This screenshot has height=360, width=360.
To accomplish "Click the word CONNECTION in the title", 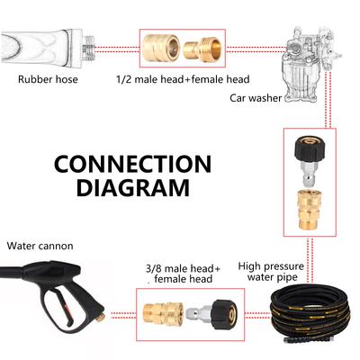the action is pyautogui.click(x=132, y=164).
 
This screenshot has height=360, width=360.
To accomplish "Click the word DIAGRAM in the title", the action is pyautogui.click(x=133, y=187).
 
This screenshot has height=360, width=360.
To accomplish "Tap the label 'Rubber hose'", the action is pyautogui.click(x=48, y=79).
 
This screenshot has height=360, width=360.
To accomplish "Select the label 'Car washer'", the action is pyautogui.click(x=256, y=98).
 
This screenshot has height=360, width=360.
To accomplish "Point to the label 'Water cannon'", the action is pyautogui.click(x=40, y=246).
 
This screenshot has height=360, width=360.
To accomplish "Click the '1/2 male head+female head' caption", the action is pyautogui.click(x=183, y=79).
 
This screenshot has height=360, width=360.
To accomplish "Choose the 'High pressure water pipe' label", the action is pyautogui.click(x=272, y=272).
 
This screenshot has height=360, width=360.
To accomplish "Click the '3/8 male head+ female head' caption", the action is pyautogui.click(x=183, y=274).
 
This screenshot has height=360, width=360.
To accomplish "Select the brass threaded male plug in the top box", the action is pyautogui.click(x=202, y=49).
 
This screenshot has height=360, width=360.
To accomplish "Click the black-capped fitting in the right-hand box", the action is pyautogui.click(x=310, y=160).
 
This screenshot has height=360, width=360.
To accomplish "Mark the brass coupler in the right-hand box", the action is pyautogui.click(x=309, y=209).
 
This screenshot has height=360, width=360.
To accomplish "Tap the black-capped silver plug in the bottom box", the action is pyautogui.click(x=212, y=313).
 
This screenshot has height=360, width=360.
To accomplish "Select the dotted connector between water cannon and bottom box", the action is pyautogui.click(x=123, y=315).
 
